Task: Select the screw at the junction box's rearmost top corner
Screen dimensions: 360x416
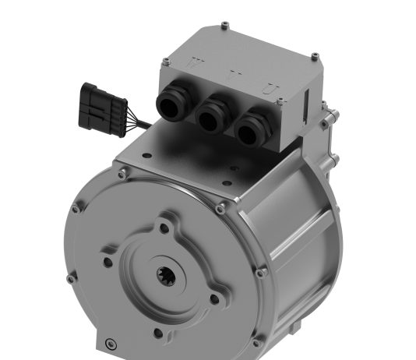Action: [225, 26]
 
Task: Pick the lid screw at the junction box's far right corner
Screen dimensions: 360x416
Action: [315, 56]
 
